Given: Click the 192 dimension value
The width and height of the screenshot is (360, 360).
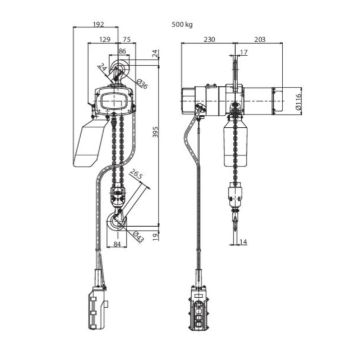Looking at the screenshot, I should [98, 25].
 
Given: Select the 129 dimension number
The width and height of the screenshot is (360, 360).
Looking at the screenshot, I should [104, 40].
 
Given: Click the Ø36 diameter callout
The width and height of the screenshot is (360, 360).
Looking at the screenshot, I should [142, 85].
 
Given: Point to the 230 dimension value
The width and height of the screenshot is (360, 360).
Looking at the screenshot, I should [209, 40].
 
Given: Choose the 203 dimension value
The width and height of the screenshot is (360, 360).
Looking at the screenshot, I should [260, 40].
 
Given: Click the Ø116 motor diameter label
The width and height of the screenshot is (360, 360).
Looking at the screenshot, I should [299, 101].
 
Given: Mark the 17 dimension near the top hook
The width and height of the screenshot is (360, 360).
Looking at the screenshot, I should [243, 52].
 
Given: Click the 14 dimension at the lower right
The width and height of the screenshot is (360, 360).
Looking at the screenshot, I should [243, 242].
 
